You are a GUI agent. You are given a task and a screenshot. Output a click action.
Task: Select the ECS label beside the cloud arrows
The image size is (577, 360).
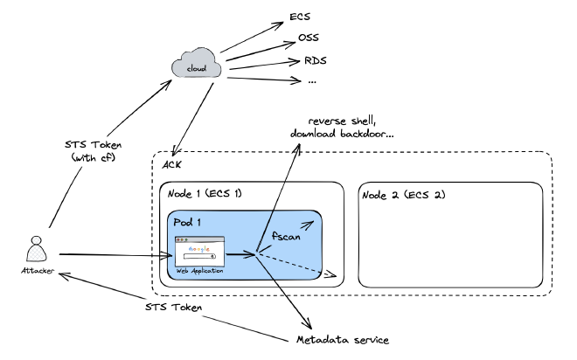click(x=300, y=17)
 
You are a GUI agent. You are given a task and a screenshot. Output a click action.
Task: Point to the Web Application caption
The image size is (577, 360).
click(x=199, y=271)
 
